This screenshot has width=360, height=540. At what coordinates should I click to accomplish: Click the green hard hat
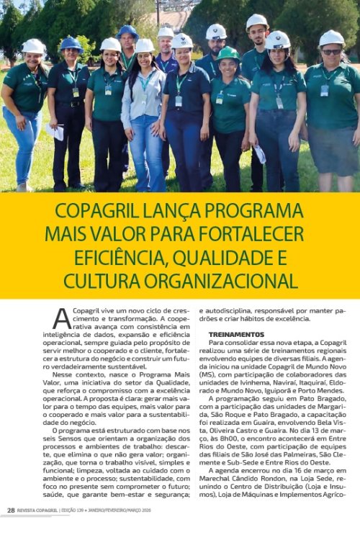(x=228, y=53)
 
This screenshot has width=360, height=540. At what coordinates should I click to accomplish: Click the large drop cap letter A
(x=62, y=318)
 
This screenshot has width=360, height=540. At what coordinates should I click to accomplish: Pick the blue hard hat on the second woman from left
(x=71, y=43)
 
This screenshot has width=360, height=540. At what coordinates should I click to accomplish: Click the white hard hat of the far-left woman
(x=32, y=46)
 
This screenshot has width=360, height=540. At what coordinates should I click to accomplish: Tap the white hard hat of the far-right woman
(x=331, y=37)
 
